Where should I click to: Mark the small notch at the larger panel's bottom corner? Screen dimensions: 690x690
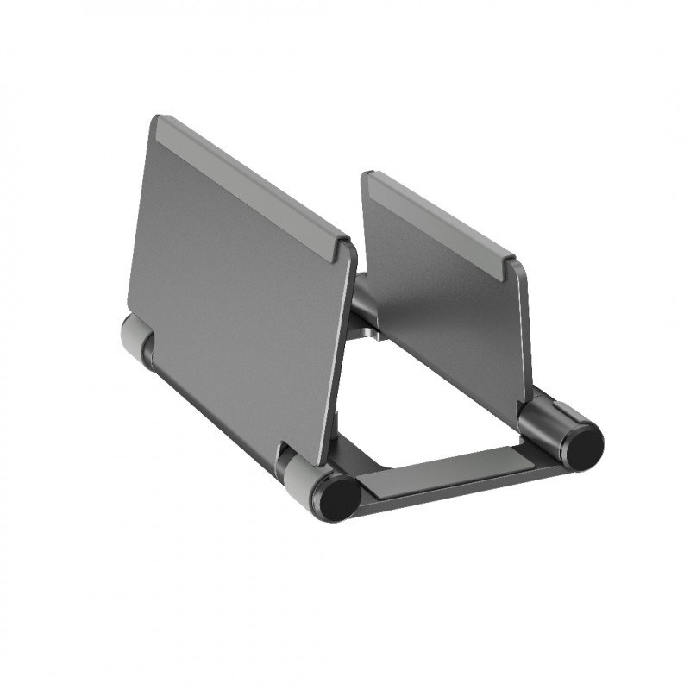[285, 448]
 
